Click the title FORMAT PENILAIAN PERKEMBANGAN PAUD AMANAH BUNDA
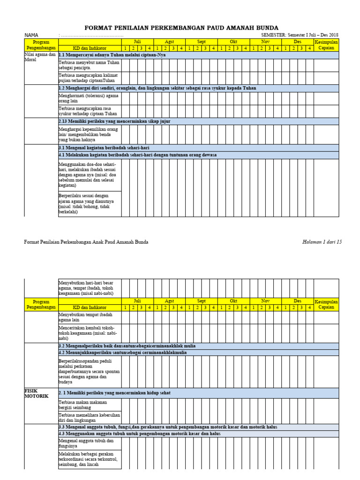click(181, 28)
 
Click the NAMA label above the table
click(31, 35)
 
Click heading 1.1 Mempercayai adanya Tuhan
click(112, 55)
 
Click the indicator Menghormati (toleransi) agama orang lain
click(88, 98)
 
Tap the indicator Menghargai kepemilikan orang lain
click(88, 134)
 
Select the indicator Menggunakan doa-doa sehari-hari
click(88, 175)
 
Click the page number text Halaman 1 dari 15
click(322, 242)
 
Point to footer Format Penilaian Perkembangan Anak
click(86, 242)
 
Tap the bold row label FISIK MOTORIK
click(36, 393)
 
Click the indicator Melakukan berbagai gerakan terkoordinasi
click(88, 459)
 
